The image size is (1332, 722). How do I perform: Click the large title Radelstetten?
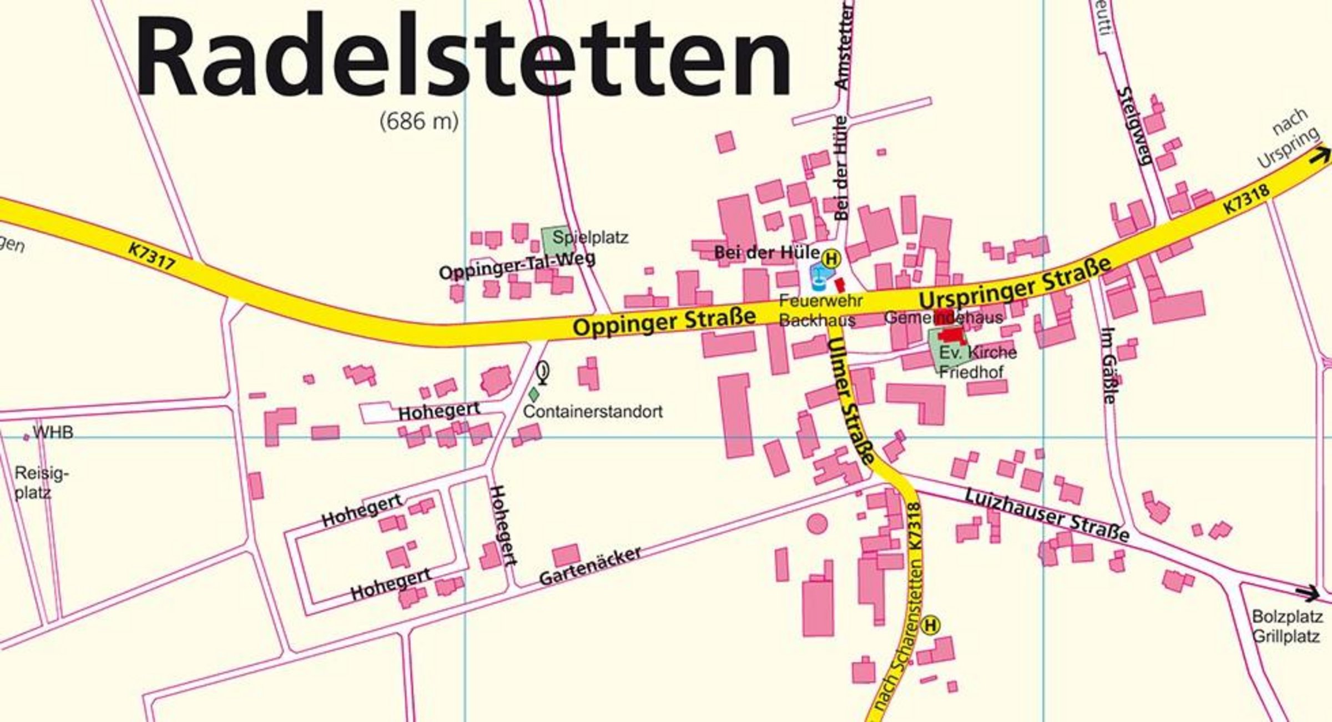click(463, 55)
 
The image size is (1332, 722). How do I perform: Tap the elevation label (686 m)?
click(419, 120)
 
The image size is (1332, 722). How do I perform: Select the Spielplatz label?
click(591, 238)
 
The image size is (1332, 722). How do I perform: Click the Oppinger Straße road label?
click(664, 320)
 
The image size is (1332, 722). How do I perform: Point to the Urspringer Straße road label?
click(1015, 283)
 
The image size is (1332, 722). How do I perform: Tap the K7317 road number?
click(151, 256)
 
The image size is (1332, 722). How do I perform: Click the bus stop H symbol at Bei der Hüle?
click(831, 258)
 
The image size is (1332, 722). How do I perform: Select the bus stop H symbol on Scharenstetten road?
click(930, 625)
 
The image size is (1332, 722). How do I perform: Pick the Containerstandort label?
click(593, 412)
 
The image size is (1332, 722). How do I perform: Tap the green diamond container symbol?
click(533, 395)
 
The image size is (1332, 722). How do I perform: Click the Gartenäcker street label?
click(590, 566)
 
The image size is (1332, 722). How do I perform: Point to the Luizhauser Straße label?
click(1047, 515)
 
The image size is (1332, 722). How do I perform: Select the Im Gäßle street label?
click(1108, 365)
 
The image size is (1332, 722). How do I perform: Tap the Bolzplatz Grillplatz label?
click(1286, 627)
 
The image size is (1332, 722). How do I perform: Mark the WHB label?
click(53, 432)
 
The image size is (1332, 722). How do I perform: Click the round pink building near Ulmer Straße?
click(817, 523)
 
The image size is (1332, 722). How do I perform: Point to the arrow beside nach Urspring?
click(1321, 156)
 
